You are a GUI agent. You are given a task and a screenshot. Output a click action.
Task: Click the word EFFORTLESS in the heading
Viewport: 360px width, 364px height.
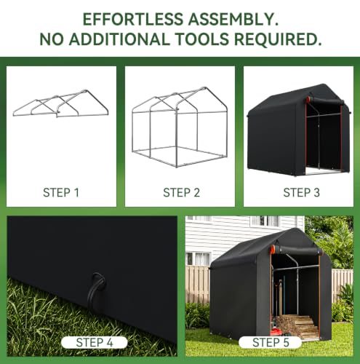click(x=133, y=19)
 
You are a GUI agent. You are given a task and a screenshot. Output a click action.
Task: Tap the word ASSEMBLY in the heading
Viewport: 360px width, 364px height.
click(x=233, y=19)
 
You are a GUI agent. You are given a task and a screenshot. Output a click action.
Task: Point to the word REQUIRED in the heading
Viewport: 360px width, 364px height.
click(x=277, y=39)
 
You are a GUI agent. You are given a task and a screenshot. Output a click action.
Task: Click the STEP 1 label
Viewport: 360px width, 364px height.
click(x=61, y=193)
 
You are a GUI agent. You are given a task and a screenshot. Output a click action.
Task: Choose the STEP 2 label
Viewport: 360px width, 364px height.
click(x=181, y=193)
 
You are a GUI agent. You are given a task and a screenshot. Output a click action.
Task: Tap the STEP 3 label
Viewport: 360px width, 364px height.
click(x=302, y=193)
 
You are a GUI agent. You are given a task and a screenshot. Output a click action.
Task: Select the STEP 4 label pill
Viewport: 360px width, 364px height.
click(x=95, y=342)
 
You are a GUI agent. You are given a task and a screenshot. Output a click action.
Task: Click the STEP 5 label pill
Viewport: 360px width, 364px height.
click(x=271, y=342)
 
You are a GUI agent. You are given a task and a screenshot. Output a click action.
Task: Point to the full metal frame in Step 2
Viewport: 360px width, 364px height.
click(x=180, y=127)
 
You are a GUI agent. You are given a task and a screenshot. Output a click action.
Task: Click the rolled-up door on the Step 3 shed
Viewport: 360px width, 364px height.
click(x=325, y=100)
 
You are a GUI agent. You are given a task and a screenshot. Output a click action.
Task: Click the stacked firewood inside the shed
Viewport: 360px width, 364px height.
click(x=297, y=327)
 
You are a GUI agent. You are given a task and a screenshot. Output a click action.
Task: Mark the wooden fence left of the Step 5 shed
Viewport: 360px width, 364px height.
click(x=198, y=285)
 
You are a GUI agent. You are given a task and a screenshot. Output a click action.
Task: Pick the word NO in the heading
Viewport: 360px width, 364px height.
click(x=52, y=39)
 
